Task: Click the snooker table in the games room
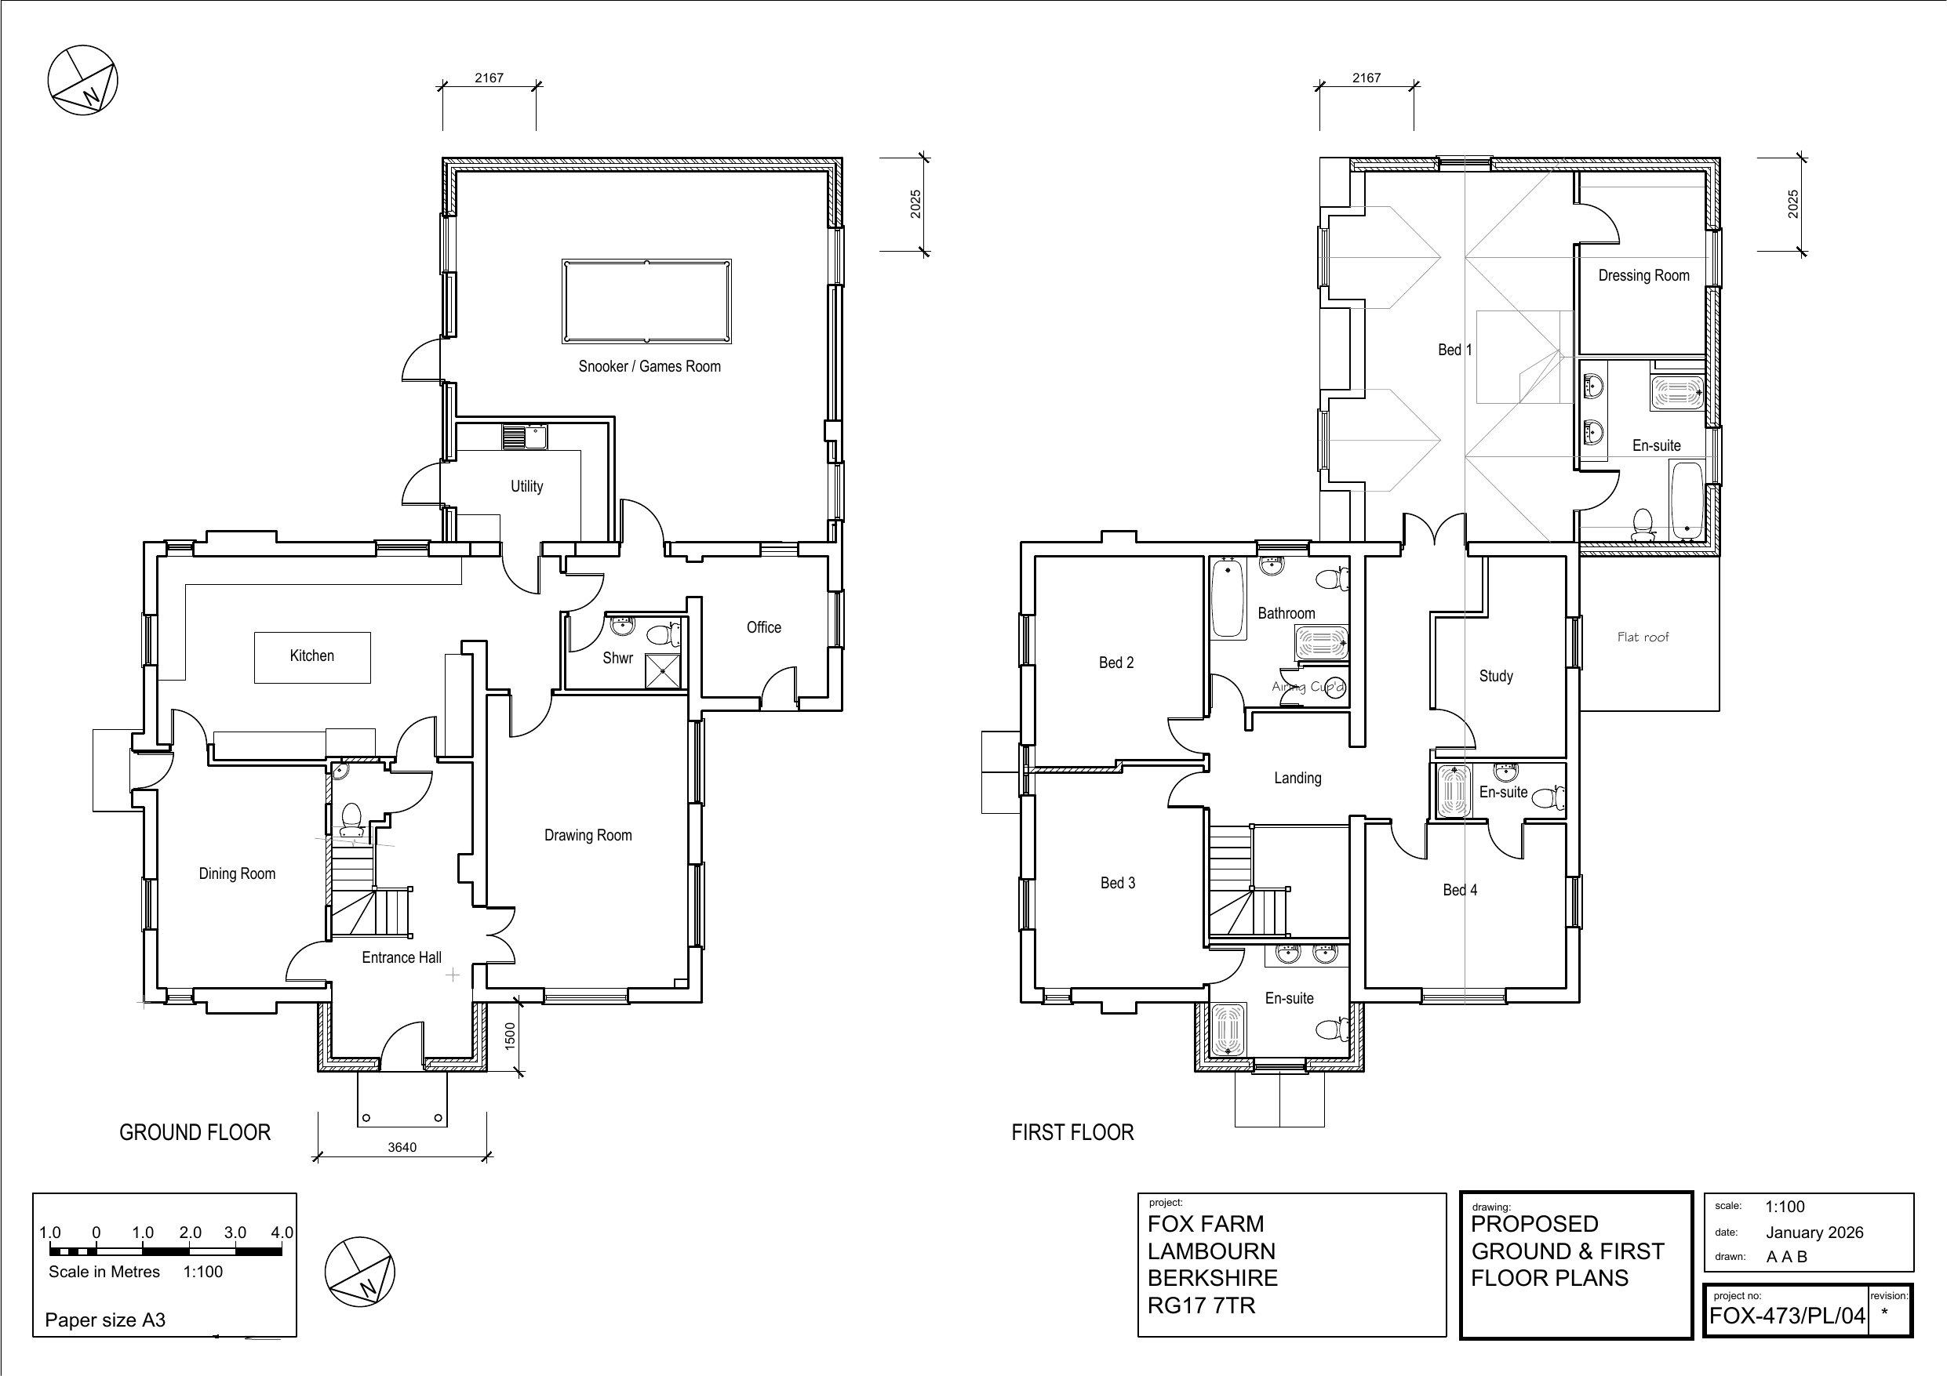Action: [646, 301]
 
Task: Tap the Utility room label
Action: [526, 486]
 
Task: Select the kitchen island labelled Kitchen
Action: [312, 656]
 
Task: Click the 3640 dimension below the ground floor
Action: [402, 1147]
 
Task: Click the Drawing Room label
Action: [588, 835]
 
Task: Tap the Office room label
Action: [763, 627]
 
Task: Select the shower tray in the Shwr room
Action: [663, 670]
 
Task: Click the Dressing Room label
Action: [1643, 275]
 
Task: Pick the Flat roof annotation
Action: [1643, 637]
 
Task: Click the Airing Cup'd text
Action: [1308, 687]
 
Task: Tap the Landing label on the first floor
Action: [1297, 778]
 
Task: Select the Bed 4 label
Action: [1459, 889]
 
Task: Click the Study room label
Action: [1495, 676]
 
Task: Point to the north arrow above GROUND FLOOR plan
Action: [82, 81]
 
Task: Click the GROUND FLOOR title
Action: [195, 1133]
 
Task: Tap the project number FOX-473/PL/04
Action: [1787, 1315]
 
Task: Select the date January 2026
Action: [1814, 1233]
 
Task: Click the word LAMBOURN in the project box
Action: [1211, 1251]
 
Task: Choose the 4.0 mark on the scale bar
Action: [282, 1233]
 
